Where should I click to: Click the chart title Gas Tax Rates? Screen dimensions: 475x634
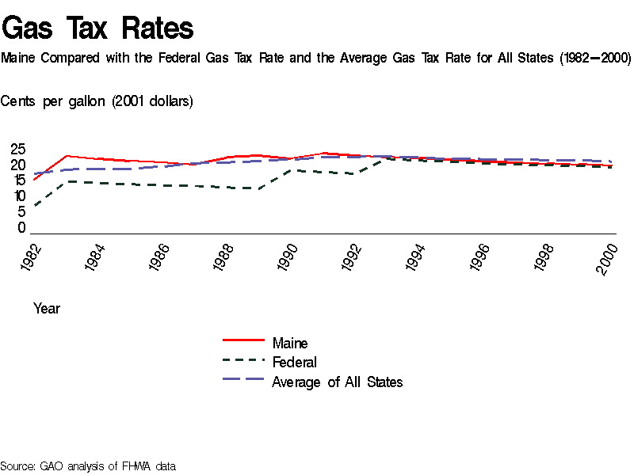pos(97,28)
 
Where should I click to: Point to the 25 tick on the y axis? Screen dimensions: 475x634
pos(17,149)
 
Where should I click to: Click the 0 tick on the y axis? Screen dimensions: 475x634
pos(22,228)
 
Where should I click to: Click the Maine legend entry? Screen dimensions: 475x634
pos(290,344)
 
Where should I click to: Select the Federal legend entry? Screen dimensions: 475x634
pos(294,363)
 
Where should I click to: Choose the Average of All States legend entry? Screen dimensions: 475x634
pos(337,382)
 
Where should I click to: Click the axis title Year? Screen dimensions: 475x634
pos(47,309)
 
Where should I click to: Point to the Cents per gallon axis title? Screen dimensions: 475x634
pos(97,101)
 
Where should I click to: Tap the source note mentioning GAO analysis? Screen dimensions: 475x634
pos(88,466)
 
